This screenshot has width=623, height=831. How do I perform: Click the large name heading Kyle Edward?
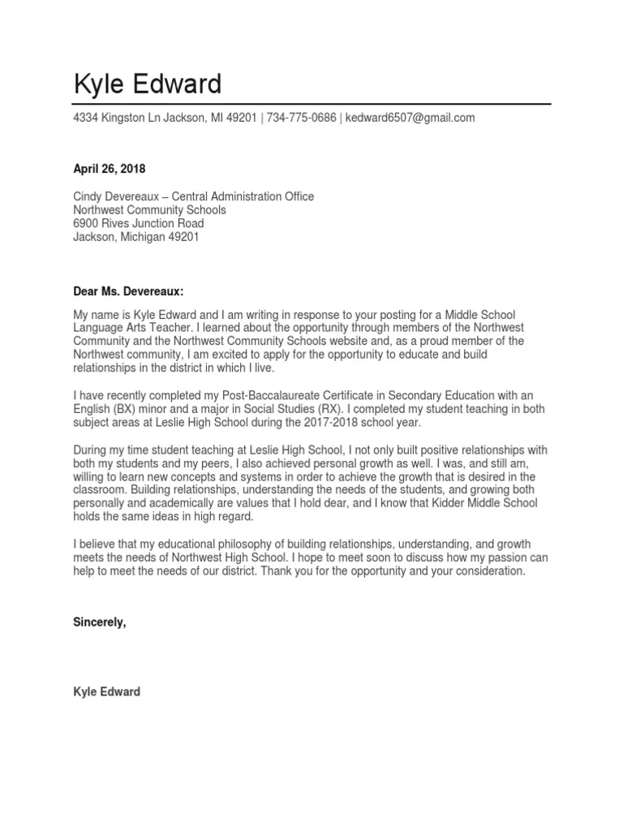click(147, 84)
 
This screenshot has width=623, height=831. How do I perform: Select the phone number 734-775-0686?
click(301, 118)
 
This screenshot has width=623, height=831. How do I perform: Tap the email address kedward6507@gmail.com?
click(410, 118)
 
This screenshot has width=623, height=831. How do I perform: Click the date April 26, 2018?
click(110, 170)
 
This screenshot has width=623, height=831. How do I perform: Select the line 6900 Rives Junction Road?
click(138, 223)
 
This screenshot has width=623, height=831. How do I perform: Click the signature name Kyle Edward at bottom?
click(106, 691)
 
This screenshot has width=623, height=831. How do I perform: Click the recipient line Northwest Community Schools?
click(149, 209)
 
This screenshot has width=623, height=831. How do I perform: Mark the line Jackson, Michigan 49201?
click(135, 237)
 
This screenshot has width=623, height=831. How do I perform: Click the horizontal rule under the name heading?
click(311, 104)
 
